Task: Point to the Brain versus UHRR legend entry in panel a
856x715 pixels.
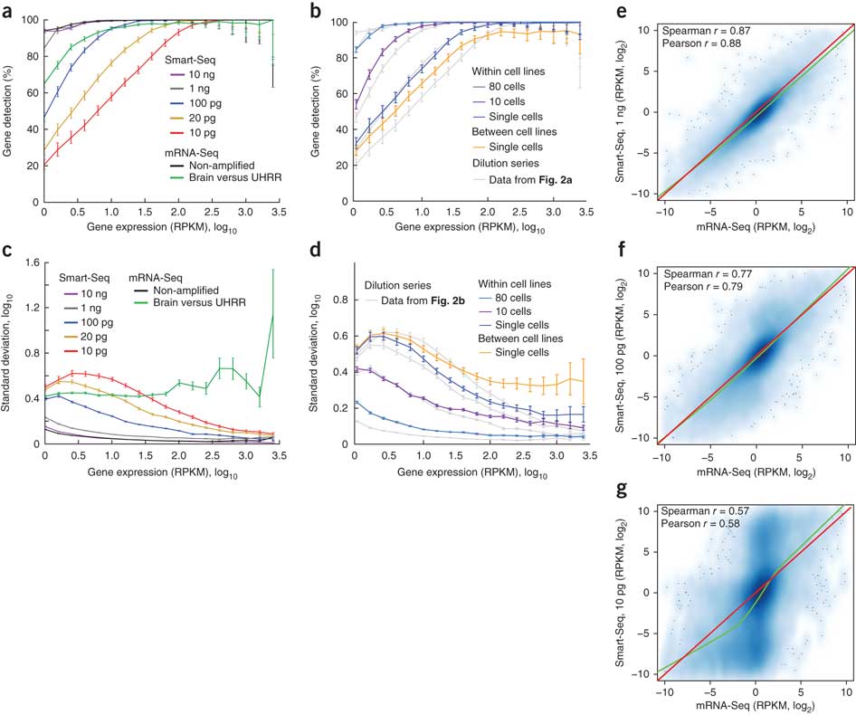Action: point(213,180)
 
